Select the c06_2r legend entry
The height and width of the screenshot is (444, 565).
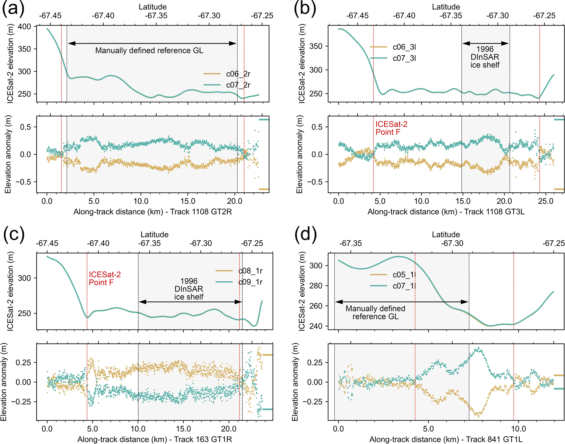238,74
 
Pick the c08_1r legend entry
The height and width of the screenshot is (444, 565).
250,271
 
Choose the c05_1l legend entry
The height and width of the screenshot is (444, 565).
404,275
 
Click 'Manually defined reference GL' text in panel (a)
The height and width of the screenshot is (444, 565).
149,51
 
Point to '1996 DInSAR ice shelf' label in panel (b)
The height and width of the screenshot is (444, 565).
485,57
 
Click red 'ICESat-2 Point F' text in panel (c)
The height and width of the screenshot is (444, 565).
105,278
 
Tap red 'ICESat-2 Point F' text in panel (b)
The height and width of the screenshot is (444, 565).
391,128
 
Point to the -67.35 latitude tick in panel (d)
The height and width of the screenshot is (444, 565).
350,243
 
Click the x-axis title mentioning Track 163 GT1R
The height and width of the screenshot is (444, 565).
155,439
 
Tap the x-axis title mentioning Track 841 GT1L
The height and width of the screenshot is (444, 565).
446,439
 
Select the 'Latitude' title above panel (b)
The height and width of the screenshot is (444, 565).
446,7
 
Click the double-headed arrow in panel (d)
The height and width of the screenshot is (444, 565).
402,302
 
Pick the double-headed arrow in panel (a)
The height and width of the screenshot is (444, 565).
152,43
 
